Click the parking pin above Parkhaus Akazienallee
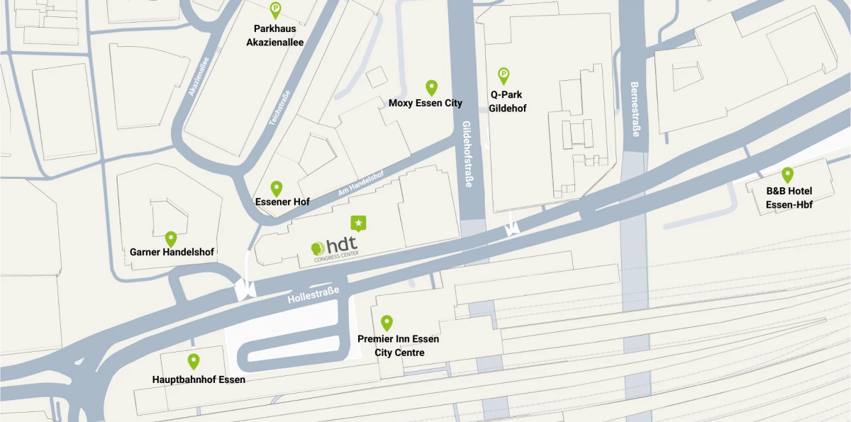(275, 10)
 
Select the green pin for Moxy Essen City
(431, 87)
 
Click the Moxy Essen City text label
(425, 104)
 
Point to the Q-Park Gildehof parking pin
(504, 74)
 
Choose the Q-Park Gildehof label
(507, 101)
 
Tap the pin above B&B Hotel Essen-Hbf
(787, 174)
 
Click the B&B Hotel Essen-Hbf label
(789, 198)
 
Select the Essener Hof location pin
(277, 188)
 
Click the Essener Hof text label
(282, 202)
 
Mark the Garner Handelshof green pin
(171, 239)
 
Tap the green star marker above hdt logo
(359, 223)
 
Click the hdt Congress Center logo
(335, 248)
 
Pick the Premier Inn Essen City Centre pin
(386, 323)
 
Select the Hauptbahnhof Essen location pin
(194, 361)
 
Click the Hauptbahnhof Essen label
(199, 379)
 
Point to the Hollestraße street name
(313, 295)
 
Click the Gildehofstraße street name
(467, 153)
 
